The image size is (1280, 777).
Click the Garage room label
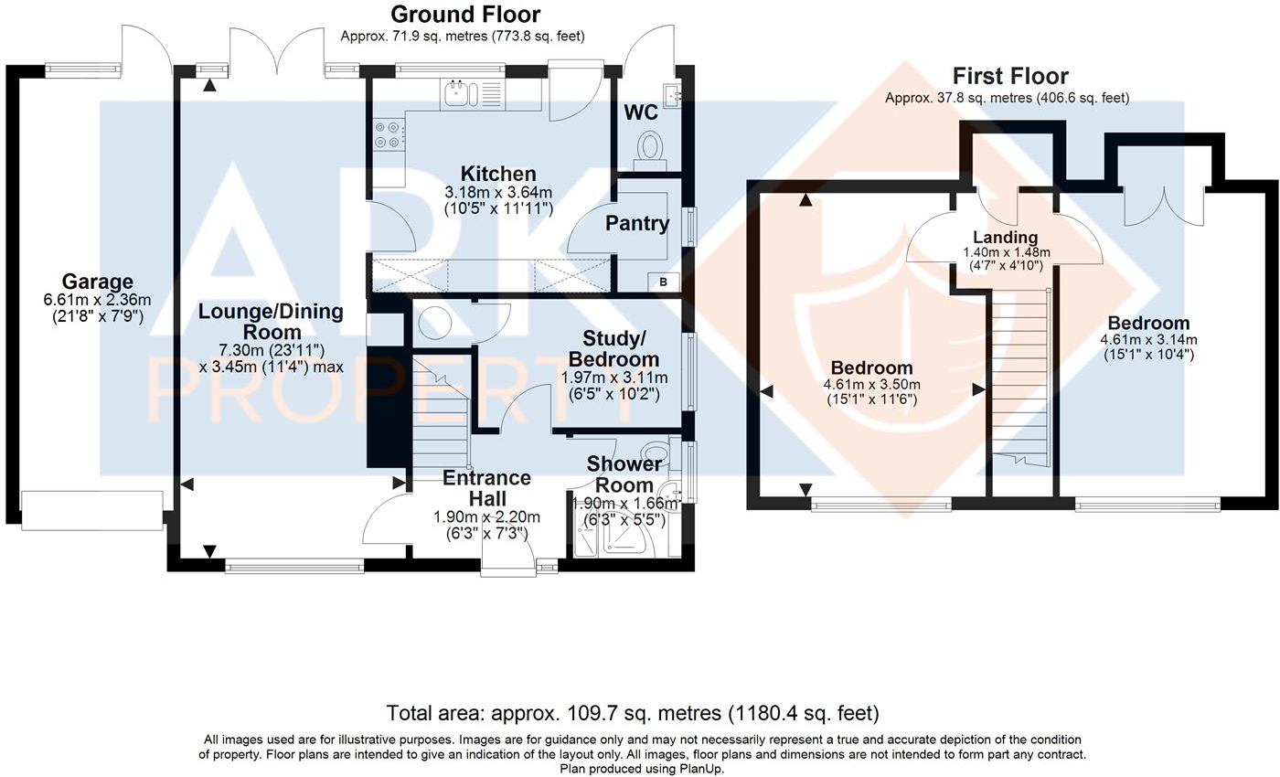coord(97,282)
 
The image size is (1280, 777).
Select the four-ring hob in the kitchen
coord(388,135)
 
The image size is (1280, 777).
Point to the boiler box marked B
coord(663,282)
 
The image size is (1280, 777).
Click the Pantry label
coord(637,223)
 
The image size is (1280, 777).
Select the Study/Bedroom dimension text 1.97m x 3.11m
coord(614,378)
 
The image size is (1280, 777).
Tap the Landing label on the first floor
coord(1006,237)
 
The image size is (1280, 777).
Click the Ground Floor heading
coord(465,15)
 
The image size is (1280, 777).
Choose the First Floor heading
coord(1010,76)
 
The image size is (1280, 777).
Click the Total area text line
coord(633,713)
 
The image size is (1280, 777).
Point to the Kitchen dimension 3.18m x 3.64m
coord(498,192)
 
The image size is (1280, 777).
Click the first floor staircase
coord(1021,377)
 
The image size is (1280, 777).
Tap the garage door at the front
coord(92,510)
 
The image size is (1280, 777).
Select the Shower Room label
coord(624,474)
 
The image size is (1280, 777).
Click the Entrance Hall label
coord(486,488)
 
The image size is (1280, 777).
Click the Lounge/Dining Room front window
coord(294,567)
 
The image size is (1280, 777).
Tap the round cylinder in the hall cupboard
coord(435,323)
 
